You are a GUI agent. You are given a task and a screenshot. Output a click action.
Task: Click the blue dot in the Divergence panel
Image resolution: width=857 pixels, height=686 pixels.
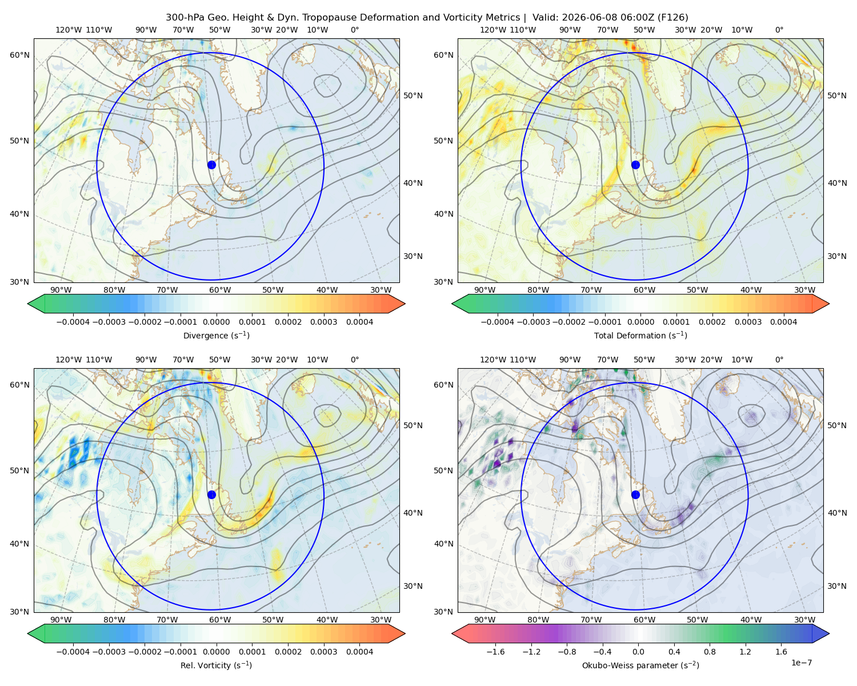[211, 165]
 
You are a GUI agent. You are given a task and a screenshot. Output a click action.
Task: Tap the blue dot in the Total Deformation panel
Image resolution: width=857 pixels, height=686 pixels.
[635, 165]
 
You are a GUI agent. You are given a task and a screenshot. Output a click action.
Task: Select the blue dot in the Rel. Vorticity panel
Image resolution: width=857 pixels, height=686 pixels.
[211, 494]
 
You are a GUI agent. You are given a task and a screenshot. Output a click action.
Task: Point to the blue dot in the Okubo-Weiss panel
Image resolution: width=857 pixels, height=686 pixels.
[635, 494]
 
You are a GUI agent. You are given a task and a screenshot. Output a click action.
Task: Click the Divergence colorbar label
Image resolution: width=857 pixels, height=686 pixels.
[216, 335]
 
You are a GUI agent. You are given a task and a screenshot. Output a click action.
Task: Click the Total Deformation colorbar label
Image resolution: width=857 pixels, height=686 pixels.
[640, 335]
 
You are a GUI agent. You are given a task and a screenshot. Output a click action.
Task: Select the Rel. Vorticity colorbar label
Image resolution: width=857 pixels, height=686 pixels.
[216, 665]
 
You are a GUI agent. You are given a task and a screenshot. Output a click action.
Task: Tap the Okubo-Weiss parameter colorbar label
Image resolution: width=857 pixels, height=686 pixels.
[640, 665]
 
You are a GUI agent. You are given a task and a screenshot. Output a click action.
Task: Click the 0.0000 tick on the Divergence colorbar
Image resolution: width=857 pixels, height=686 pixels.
[216, 322]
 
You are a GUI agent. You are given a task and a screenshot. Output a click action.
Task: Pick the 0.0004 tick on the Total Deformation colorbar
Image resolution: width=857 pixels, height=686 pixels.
[783, 322]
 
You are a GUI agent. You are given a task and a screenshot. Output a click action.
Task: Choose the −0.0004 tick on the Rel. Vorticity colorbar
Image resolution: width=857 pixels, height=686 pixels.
[73, 652]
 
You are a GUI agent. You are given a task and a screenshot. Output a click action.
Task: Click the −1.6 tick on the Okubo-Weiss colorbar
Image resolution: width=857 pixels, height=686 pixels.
[495, 652]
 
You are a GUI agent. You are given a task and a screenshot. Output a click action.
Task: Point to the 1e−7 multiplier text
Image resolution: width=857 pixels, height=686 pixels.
[801, 663]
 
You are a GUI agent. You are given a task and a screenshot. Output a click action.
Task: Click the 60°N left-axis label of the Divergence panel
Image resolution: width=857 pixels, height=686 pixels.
[19, 55]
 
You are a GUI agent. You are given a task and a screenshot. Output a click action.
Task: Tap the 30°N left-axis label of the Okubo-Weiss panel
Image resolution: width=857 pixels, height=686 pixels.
[443, 612]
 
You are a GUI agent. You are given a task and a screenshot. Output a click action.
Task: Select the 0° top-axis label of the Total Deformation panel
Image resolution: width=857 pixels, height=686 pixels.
[779, 30]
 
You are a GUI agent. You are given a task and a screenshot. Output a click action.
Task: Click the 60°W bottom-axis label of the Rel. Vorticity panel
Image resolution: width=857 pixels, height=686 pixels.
[220, 620]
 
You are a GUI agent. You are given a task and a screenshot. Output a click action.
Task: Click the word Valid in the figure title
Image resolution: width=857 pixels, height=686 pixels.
[545, 18]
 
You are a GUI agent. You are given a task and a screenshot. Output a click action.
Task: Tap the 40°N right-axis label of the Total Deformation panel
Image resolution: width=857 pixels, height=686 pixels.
[837, 183]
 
